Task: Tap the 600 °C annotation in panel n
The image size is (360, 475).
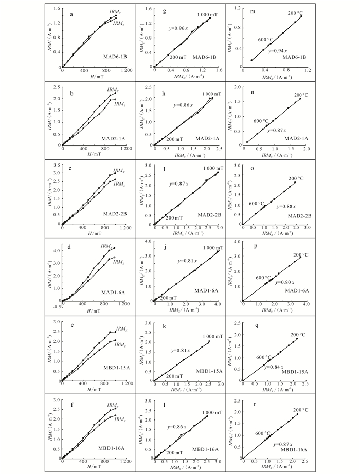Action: pyautogui.click(x=261, y=121)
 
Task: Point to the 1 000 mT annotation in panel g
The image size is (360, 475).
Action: pyautogui.click(x=207, y=14)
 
